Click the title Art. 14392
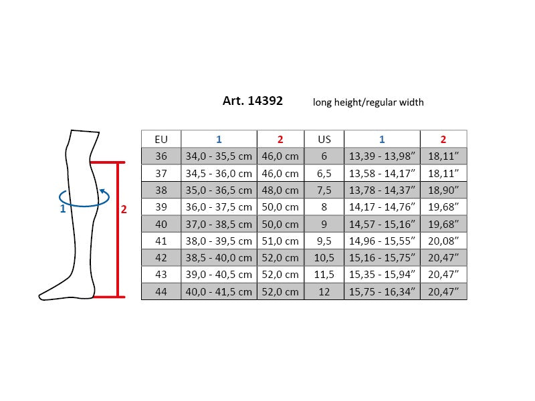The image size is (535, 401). tap(253, 101)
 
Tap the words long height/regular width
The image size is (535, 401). tap(368, 102)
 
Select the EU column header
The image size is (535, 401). tap(161, 139)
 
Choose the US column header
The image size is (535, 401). tap(324, 139)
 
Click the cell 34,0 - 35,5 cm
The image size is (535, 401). tap(219, 156)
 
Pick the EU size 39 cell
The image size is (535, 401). tap(161, 207)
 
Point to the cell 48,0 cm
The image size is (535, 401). tap(280, 190)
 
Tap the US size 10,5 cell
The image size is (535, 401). tap(324, 258)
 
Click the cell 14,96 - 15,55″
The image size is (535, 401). tap(382, 241)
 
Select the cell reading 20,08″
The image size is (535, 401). tap(443, 241)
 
